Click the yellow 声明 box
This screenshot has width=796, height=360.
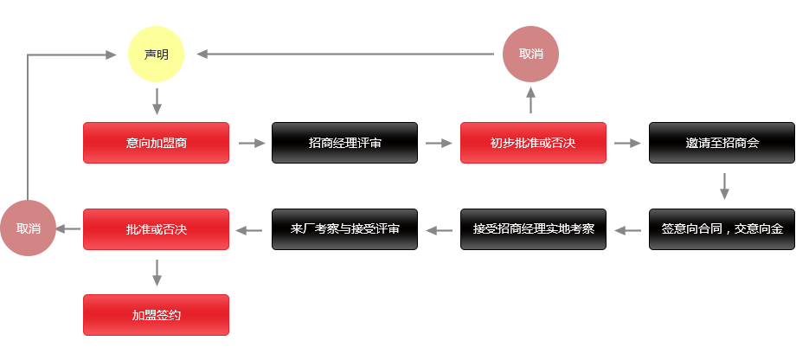tap(156, 54)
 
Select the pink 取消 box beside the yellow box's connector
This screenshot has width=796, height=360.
tap(530, 54)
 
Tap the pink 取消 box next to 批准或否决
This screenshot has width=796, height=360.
tap(29, 228)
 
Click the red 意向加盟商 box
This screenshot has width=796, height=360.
tap(156, 142)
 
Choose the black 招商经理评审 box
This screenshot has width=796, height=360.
tap(344, 142)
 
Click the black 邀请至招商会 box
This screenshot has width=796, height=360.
tap(722, 142)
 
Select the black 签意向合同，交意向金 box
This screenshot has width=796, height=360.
tap(722, 229)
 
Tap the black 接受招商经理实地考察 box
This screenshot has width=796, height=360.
tap(533, 229)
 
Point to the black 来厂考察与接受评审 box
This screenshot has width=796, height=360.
tap(344, 229)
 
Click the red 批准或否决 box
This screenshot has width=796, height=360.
tap(156, 229)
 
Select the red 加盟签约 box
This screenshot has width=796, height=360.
tap(156, 315)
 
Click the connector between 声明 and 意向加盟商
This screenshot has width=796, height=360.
tap(157, 100)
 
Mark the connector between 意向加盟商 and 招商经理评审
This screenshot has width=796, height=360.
tap(251, 143)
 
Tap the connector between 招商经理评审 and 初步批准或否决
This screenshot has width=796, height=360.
tap(439, 143)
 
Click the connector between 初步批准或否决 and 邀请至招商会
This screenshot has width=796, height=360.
tap(627, 143)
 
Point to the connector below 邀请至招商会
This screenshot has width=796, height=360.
tap(724, 185)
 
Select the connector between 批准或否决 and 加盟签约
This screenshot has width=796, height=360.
tap(157, 272)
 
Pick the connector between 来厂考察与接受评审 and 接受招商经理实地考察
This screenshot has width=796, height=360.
tap(439, 230)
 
